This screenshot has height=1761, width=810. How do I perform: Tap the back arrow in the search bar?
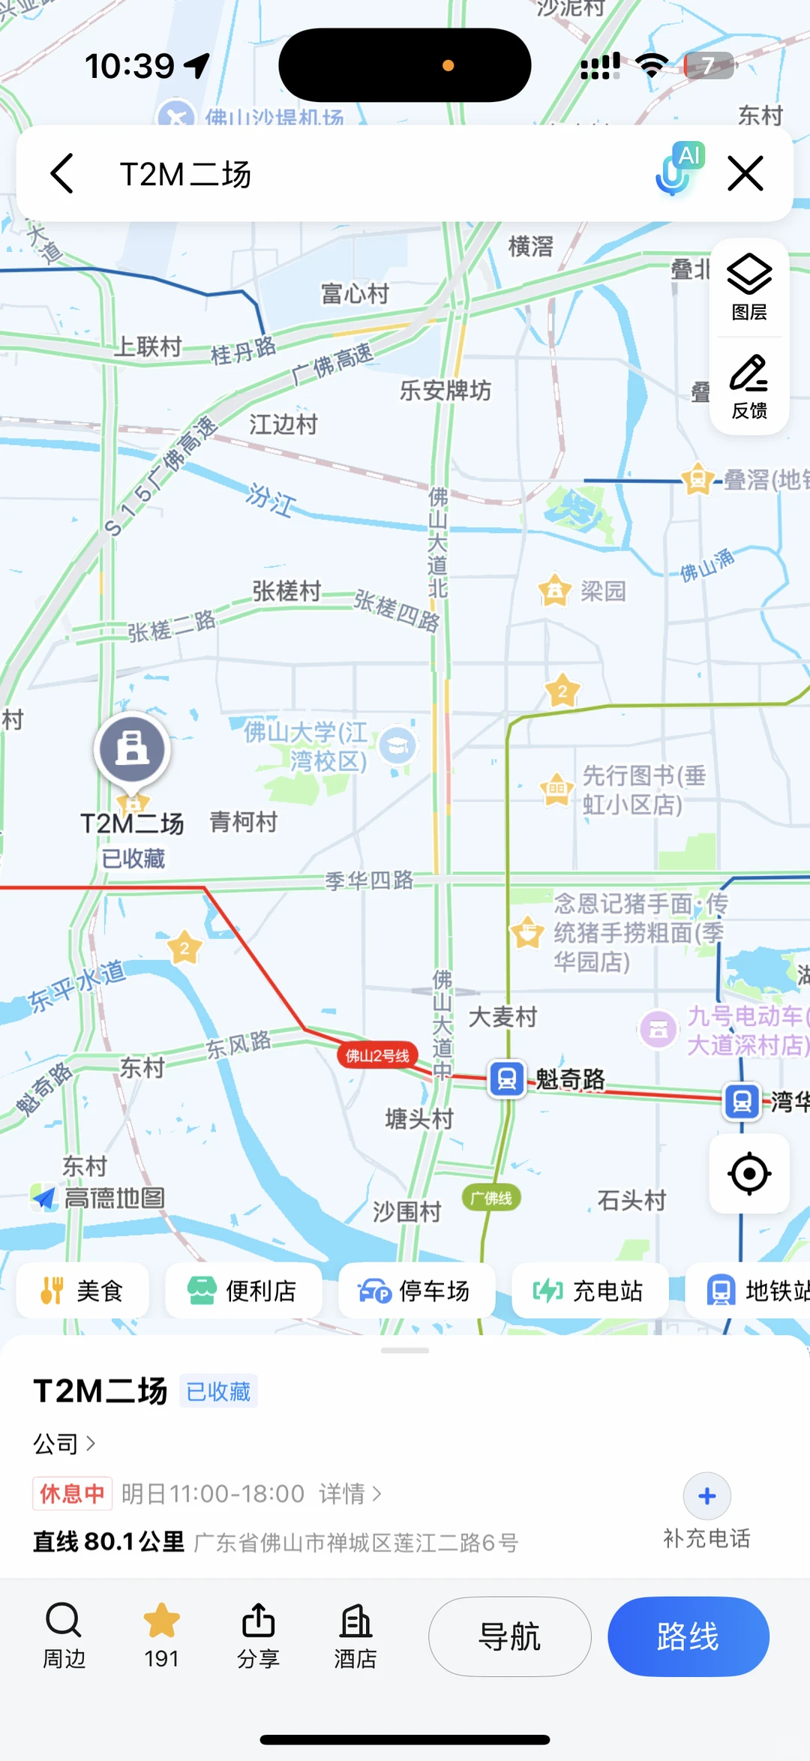pyautogui.click(x=62, y=174)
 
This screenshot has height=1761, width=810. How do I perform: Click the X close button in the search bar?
pyautogui.click(x=745, y=174)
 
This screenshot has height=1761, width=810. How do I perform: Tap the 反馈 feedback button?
pyautogui.click(x=749, y=386)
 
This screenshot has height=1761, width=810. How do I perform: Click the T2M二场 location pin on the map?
pyautogui.click(x=132, y=751)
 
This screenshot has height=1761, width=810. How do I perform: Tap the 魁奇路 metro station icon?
pyautogui.click(x=507, y=1079)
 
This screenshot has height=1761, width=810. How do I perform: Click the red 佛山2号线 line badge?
pyautogui.click(x=377, y=1055)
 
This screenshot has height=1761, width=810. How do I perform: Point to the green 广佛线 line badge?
pyautogui.click(x=491, y=1198)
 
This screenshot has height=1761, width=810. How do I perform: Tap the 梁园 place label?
pyautogui.click(x=602, y=591)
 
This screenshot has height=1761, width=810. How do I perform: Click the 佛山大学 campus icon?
pyautogui.click(x=397, y=745)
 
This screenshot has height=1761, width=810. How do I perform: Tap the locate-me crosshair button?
pyautogui.click(x=749, y=1174)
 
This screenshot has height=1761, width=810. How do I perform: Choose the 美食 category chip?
pyautogui.click(x=82, y=1291)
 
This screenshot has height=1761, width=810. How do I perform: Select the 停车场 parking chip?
pyautogui.click(x=416, y=1291)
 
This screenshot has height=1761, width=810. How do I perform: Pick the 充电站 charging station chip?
pyautogui.click(x=589, y=1291)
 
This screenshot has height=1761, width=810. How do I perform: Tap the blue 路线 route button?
pyautogui.click(x=688, y=1636)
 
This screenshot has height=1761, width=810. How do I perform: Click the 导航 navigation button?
pyautogui.click(x=509, y=1636)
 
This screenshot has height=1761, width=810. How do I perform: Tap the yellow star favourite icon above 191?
pyautogui.click(x=161, y=1621)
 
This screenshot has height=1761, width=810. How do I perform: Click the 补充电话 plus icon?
pyautogui.click(x=706, y=1496)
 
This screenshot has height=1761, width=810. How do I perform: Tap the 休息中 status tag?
pyautogui.click(x=72, y=1493)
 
